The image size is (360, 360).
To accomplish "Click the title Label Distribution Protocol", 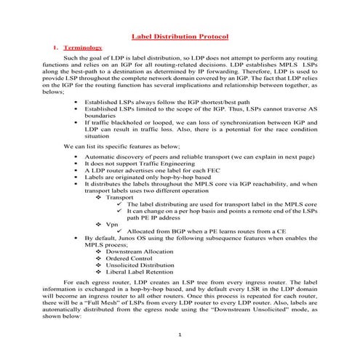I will (180, 36).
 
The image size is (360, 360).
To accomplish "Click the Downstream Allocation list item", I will (137, 251).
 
